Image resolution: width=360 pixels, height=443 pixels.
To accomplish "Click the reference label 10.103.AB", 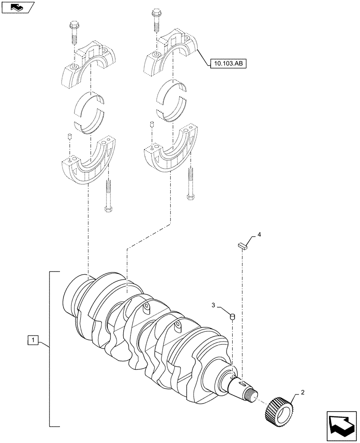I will [227, 64].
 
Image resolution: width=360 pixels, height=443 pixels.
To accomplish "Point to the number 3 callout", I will [213, 305].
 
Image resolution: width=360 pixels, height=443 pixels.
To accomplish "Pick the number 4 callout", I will [260, 235].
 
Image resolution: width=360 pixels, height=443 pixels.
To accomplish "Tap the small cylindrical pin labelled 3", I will [231, 316].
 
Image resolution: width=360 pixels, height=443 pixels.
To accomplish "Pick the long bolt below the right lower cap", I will [190, 183].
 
